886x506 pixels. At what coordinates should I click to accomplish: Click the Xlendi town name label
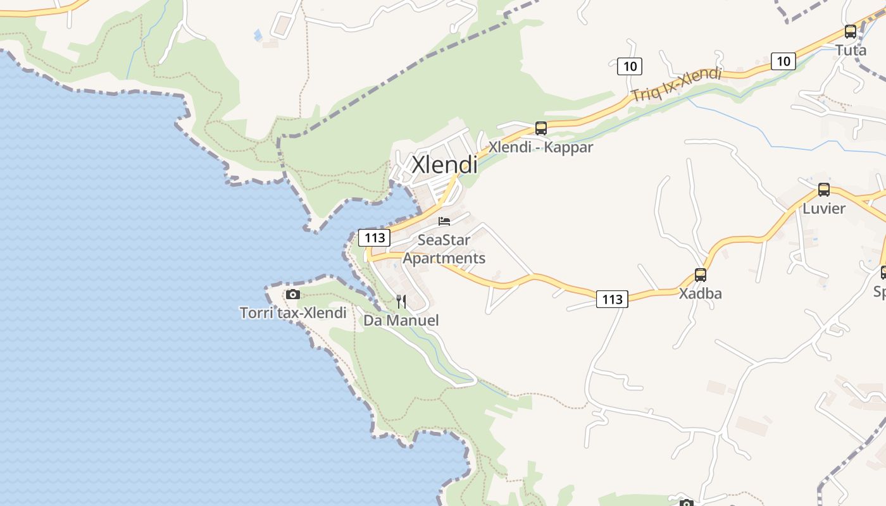coord(444,165)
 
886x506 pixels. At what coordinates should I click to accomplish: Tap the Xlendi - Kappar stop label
coord(541,147)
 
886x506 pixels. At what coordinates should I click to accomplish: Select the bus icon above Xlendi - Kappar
coord(541,128)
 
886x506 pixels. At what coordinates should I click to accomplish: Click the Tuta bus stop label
coord(851,50)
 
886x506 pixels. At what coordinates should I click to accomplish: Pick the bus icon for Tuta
coord(851,32)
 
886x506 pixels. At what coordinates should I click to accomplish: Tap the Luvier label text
coord(823,208)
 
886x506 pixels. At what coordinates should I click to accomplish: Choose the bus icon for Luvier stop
coord(823,190)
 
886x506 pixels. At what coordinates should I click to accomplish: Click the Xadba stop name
coord(700,293)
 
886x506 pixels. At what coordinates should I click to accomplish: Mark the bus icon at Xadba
coord(700,275)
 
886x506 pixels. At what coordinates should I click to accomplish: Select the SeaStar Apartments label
coord(444,249)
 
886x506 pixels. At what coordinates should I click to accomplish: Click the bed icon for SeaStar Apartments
coord(444,221)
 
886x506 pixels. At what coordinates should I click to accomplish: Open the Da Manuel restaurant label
coord(401,321)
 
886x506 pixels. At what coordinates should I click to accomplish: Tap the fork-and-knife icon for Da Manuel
coord(401,301)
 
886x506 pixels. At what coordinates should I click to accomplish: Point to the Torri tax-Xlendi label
coord(293,313)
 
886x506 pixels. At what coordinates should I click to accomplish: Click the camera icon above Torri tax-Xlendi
coord(292,294)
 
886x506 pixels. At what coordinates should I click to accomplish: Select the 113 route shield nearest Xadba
coord(612,299)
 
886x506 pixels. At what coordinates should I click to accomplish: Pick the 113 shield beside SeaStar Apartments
coord(375,238)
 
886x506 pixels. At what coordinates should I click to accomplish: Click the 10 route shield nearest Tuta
coord(783,61)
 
